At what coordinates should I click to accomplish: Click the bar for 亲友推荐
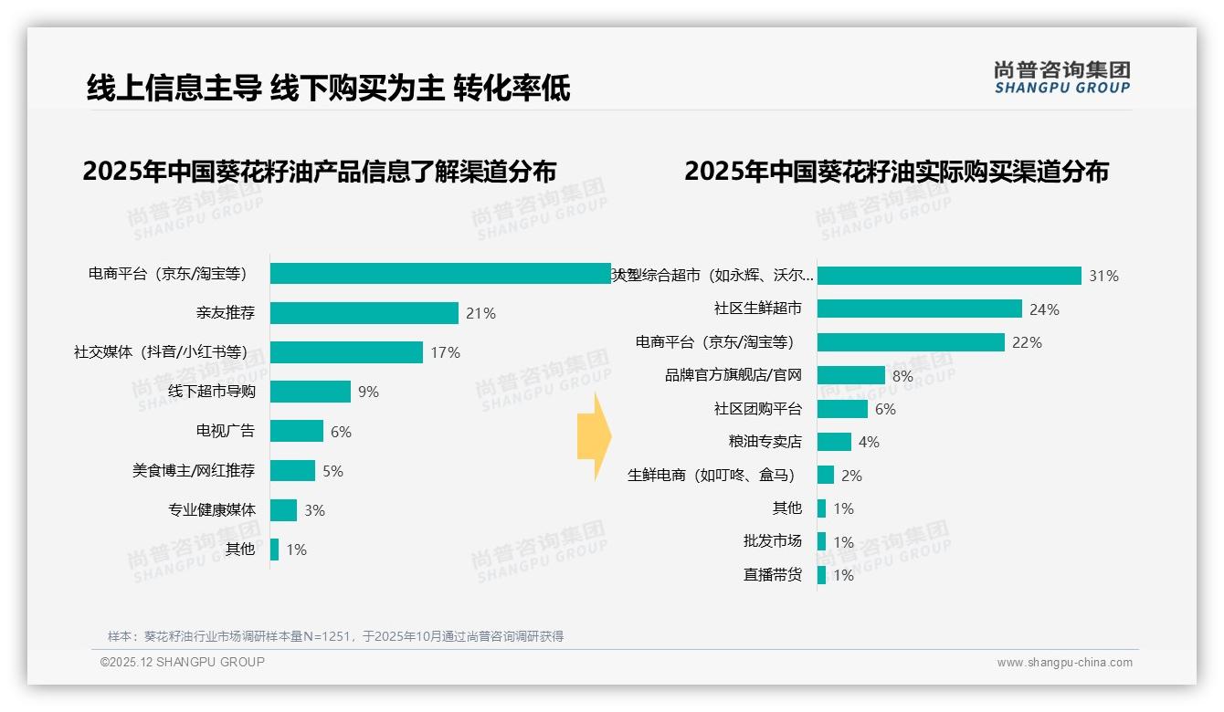[364, 313]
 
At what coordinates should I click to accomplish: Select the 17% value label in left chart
[445, 352]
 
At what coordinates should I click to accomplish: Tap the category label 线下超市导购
[212, 392]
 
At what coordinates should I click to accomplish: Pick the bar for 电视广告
[297, 431]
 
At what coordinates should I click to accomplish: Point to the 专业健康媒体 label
[212, 510]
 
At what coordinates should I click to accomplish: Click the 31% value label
[1103, 276]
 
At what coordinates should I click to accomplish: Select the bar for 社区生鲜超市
[919, 309]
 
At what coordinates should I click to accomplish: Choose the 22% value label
[1027, 342]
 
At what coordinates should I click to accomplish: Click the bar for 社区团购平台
[842, 409]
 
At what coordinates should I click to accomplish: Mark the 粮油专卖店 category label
[765, 442]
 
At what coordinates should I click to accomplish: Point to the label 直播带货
[772, 575]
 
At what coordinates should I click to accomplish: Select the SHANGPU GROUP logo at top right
[1061, 78]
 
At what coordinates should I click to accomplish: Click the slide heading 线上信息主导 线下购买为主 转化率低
[328, 89]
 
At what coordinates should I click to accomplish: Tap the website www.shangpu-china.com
[1064, 663]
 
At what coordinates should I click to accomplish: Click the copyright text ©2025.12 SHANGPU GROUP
[183, 662]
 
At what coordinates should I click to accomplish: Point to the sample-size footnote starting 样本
[335, 636]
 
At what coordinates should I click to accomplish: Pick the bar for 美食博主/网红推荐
[292, 471]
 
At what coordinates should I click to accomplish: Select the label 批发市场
[772, 541]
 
